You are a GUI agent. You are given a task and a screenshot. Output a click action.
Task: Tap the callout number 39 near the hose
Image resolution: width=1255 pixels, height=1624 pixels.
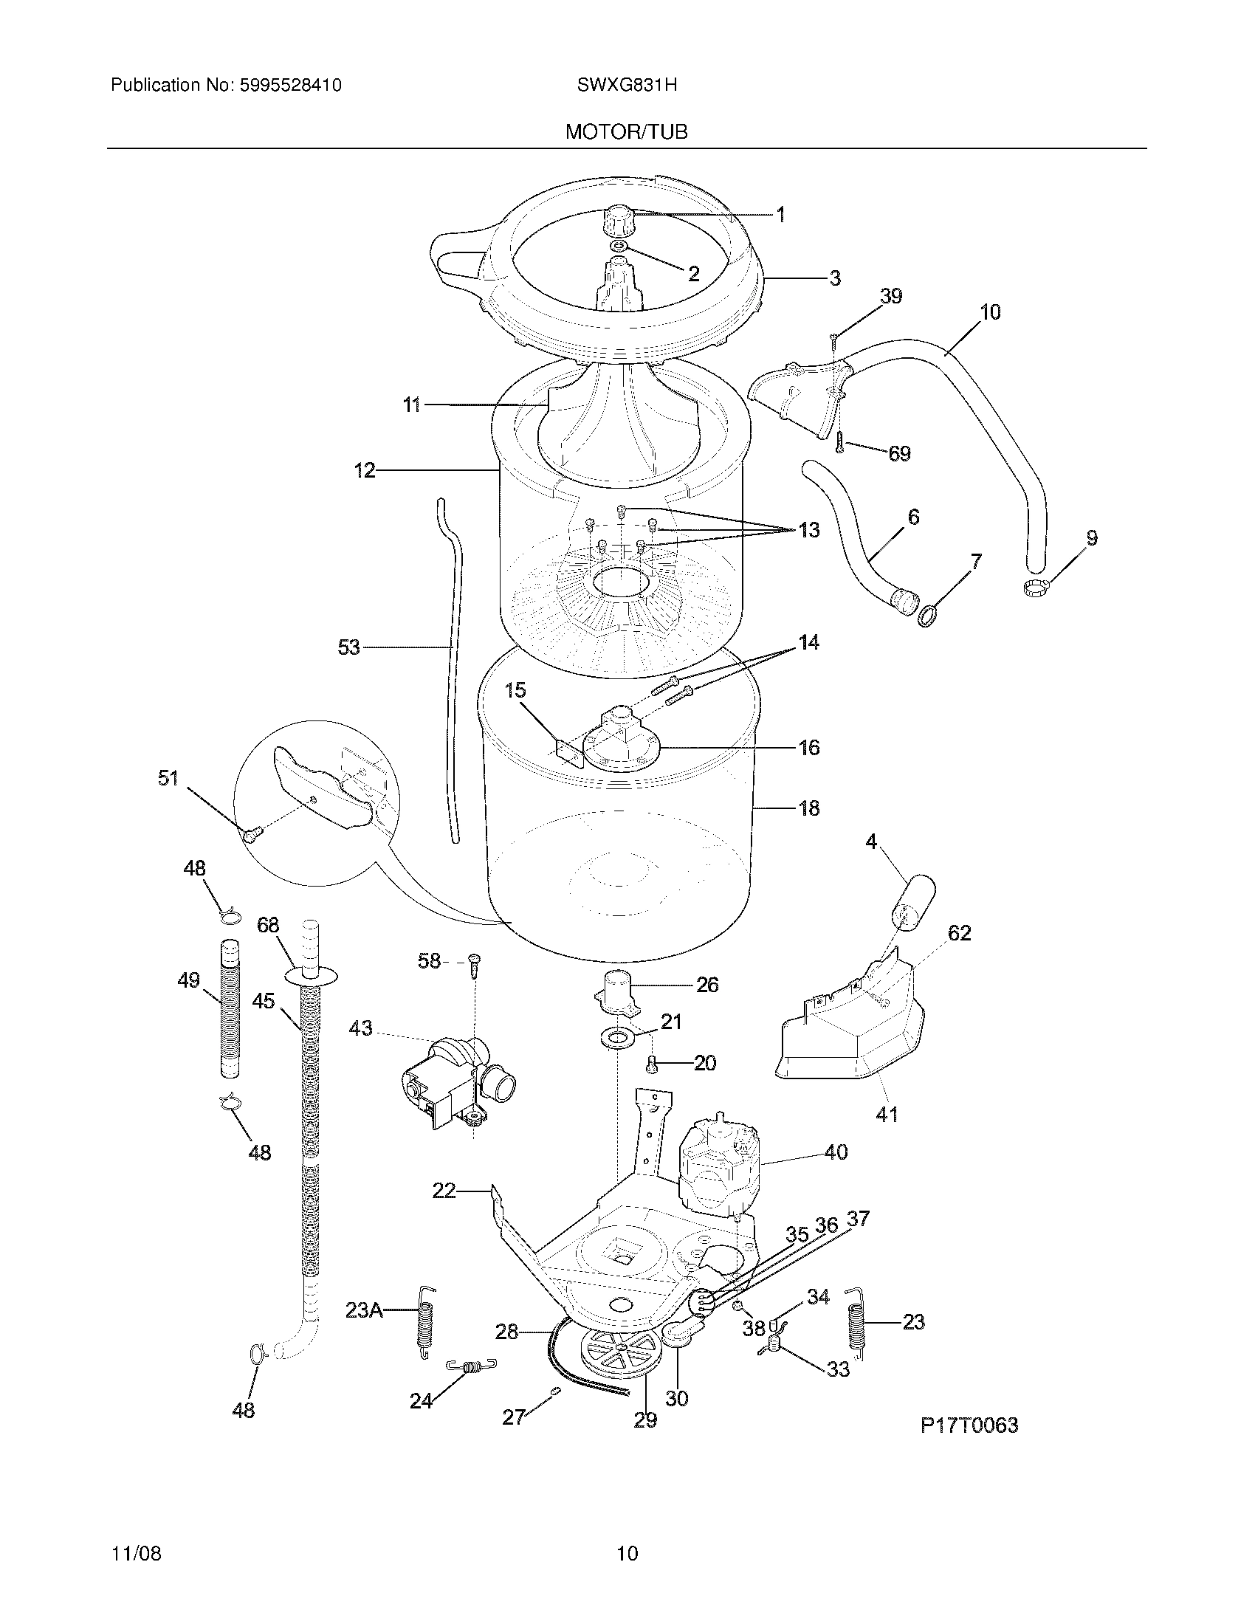pyautogui.click(x=891, y=296)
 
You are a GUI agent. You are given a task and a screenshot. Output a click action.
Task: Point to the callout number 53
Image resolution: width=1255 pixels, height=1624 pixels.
pyautogui.click(x=348, y=647)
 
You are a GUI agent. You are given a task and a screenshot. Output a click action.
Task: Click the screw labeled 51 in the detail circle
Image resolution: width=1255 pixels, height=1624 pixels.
pyautogui.click(x=252, y=835)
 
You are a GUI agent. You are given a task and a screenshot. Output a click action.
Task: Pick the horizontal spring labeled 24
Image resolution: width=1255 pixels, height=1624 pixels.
pyautogui.click(x=472, y=1364)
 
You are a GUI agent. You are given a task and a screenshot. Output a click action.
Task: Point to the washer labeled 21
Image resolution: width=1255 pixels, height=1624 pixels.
pyautogui.click(x=616, y=1037)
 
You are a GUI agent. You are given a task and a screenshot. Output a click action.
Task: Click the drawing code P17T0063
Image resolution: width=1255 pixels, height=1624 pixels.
pyautogui.click(x=969, y=1425)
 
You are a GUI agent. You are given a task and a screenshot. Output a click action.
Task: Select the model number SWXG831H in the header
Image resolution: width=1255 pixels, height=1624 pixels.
pyautogui.click(x=626, y=85)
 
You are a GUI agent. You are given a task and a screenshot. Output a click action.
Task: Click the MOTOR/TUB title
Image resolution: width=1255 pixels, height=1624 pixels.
pyautogui.click(x=626, y=131)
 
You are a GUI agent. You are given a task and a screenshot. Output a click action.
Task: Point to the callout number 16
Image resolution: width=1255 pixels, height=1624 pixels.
pyautogui.click(x=808, y=747)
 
